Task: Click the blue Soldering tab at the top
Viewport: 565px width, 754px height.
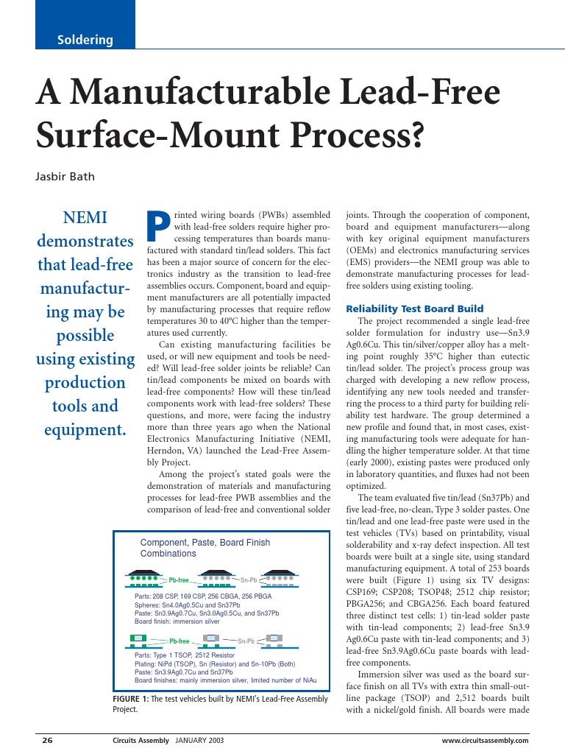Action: pos(85,40)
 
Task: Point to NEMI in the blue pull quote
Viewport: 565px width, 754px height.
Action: pos(85,218)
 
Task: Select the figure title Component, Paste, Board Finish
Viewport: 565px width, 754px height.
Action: pos(205,543)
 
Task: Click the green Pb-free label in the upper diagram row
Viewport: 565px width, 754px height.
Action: pos(180,579)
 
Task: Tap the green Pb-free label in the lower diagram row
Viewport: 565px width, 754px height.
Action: pos(180,641)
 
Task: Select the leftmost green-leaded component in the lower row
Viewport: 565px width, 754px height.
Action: pos(138,638)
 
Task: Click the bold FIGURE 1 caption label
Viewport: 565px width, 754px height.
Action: pos(132,699)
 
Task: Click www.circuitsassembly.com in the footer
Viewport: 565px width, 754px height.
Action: pos(485,740)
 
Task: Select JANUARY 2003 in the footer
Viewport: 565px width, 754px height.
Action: pos(199,740)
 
